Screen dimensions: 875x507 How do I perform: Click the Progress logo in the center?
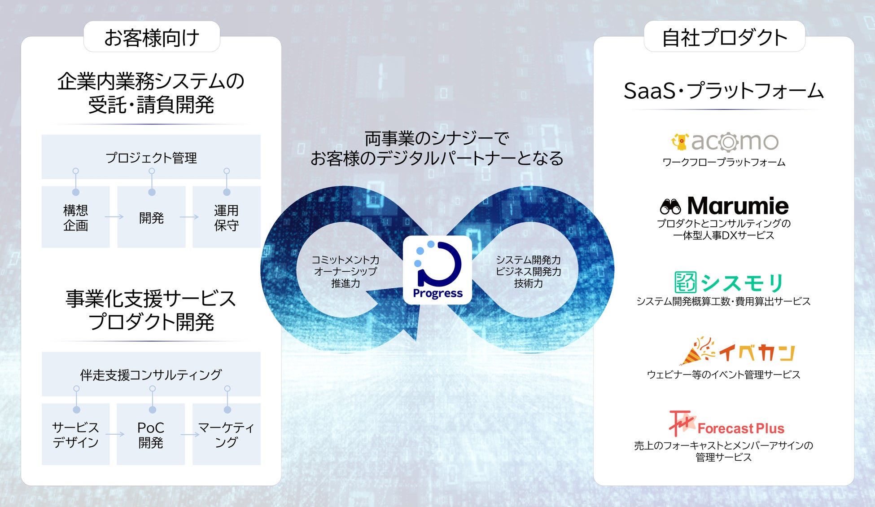(x=437, y=270)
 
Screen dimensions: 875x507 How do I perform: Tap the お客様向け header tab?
(x=152, y=37)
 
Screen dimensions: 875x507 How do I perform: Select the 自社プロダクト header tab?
(x=724, y=37)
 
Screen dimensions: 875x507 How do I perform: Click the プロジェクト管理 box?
(x=151, y=157)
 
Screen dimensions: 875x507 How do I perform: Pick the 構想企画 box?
(x=75, y=217)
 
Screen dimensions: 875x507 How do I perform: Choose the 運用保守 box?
(x=227, y=217)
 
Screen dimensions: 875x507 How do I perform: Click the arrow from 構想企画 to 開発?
(x=114, y=217)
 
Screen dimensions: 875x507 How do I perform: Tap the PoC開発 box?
(x=151, y=434)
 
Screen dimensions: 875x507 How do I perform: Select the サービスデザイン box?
(x=75, y=434)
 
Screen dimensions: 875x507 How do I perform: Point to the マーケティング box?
(x=227, y=434)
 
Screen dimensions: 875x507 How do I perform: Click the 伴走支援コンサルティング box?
(x=151, y=375)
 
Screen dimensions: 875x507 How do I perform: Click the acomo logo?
(x=724, y=142)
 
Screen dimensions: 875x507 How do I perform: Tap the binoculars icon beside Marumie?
(x=670, y=207)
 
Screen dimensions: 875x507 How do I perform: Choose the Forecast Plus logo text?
(x=741, y=428)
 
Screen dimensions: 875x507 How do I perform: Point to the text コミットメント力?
(x=345, y=260)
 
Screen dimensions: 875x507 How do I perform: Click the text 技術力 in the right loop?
(x=528, y=283)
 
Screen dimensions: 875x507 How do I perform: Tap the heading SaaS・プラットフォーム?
(x=723, y=91)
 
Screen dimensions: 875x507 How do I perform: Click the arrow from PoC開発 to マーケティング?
(x=189, y=434)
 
